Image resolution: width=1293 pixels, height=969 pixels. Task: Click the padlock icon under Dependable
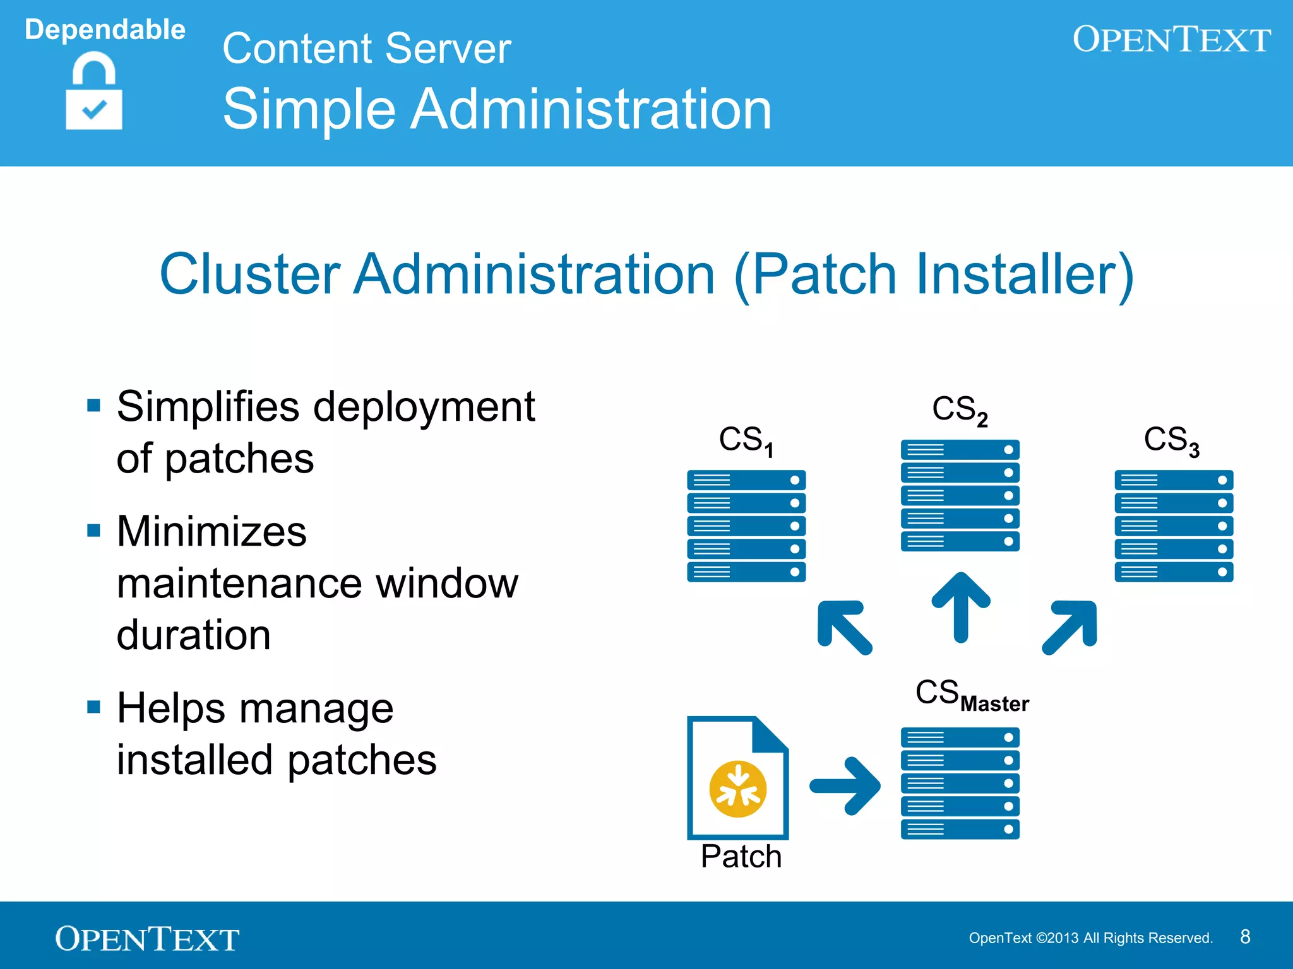pyautogui.click(x=93, y=92)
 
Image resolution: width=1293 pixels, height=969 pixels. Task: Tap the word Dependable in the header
pyautogui.click(x=105, y=30)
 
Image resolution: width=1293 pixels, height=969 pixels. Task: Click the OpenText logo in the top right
pyautogui.click(x=1171, y=39)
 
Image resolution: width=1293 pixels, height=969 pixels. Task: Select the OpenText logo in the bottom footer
pyautogui.click(x=147, y=939)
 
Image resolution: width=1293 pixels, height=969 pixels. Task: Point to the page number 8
pyautogui.click(x=1244, y=937)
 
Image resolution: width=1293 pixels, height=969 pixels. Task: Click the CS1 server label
pyautogui.click(x=746, y=440)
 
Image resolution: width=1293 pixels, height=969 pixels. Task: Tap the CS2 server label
pyautogui.click(x=959, y=409)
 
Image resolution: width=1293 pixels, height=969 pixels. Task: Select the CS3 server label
pyautogui.click(x=1171, y=440)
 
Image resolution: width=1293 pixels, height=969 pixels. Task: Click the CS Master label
pyautogui.click(x=972, y=695)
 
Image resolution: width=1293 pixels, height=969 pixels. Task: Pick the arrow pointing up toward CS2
pyautogui.click(x=960, y=606)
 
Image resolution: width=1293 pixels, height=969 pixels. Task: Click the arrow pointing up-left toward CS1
pyautogui.click(x=844, y=627)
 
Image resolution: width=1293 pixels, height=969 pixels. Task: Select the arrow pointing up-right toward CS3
pyautogui.click(x=1070, y=627)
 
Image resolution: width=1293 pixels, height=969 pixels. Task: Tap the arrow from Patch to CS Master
pyautogui.click(x=845, y=785)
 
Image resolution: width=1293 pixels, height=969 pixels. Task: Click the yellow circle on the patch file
pyautogui.click(x=737, y=789)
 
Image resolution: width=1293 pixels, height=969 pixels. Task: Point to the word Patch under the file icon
pyautogui.click(x=741, y=857)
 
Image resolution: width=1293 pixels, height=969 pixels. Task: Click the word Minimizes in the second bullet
pyautogui.click(x=212, y=531)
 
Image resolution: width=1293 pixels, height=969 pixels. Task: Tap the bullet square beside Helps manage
pyautogui.click(x=94, y=707)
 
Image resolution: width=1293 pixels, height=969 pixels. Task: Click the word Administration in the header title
pyautogui.click(x=592, y=109)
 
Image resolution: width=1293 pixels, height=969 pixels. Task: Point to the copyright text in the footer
pyautogui.click(x=1090, y=938)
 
